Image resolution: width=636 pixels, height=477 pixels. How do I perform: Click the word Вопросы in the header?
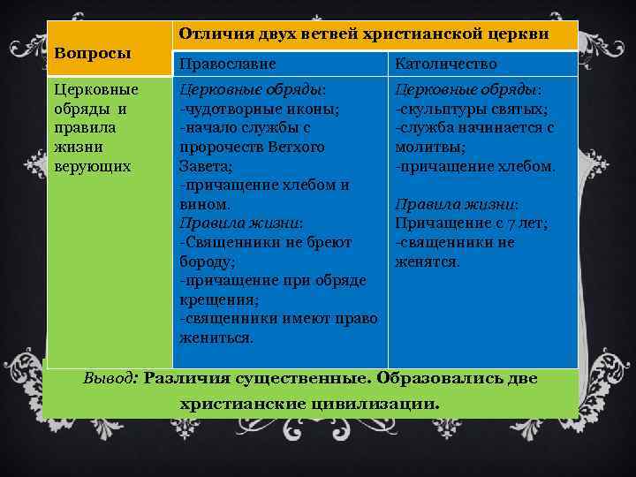click(x=93, y=53)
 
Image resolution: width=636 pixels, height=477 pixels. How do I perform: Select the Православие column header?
click(x=228, y=64)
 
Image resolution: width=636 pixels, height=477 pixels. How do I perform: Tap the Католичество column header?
click(x=446, y=64)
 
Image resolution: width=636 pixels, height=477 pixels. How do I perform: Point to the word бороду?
click(x=205, y=261)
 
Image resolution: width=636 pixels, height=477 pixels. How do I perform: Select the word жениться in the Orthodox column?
click(x=215, y=337)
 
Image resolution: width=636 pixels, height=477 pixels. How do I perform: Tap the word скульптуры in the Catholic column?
click(x=441, y=109)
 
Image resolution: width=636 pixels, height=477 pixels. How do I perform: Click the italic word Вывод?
click(x=110, y=378)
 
